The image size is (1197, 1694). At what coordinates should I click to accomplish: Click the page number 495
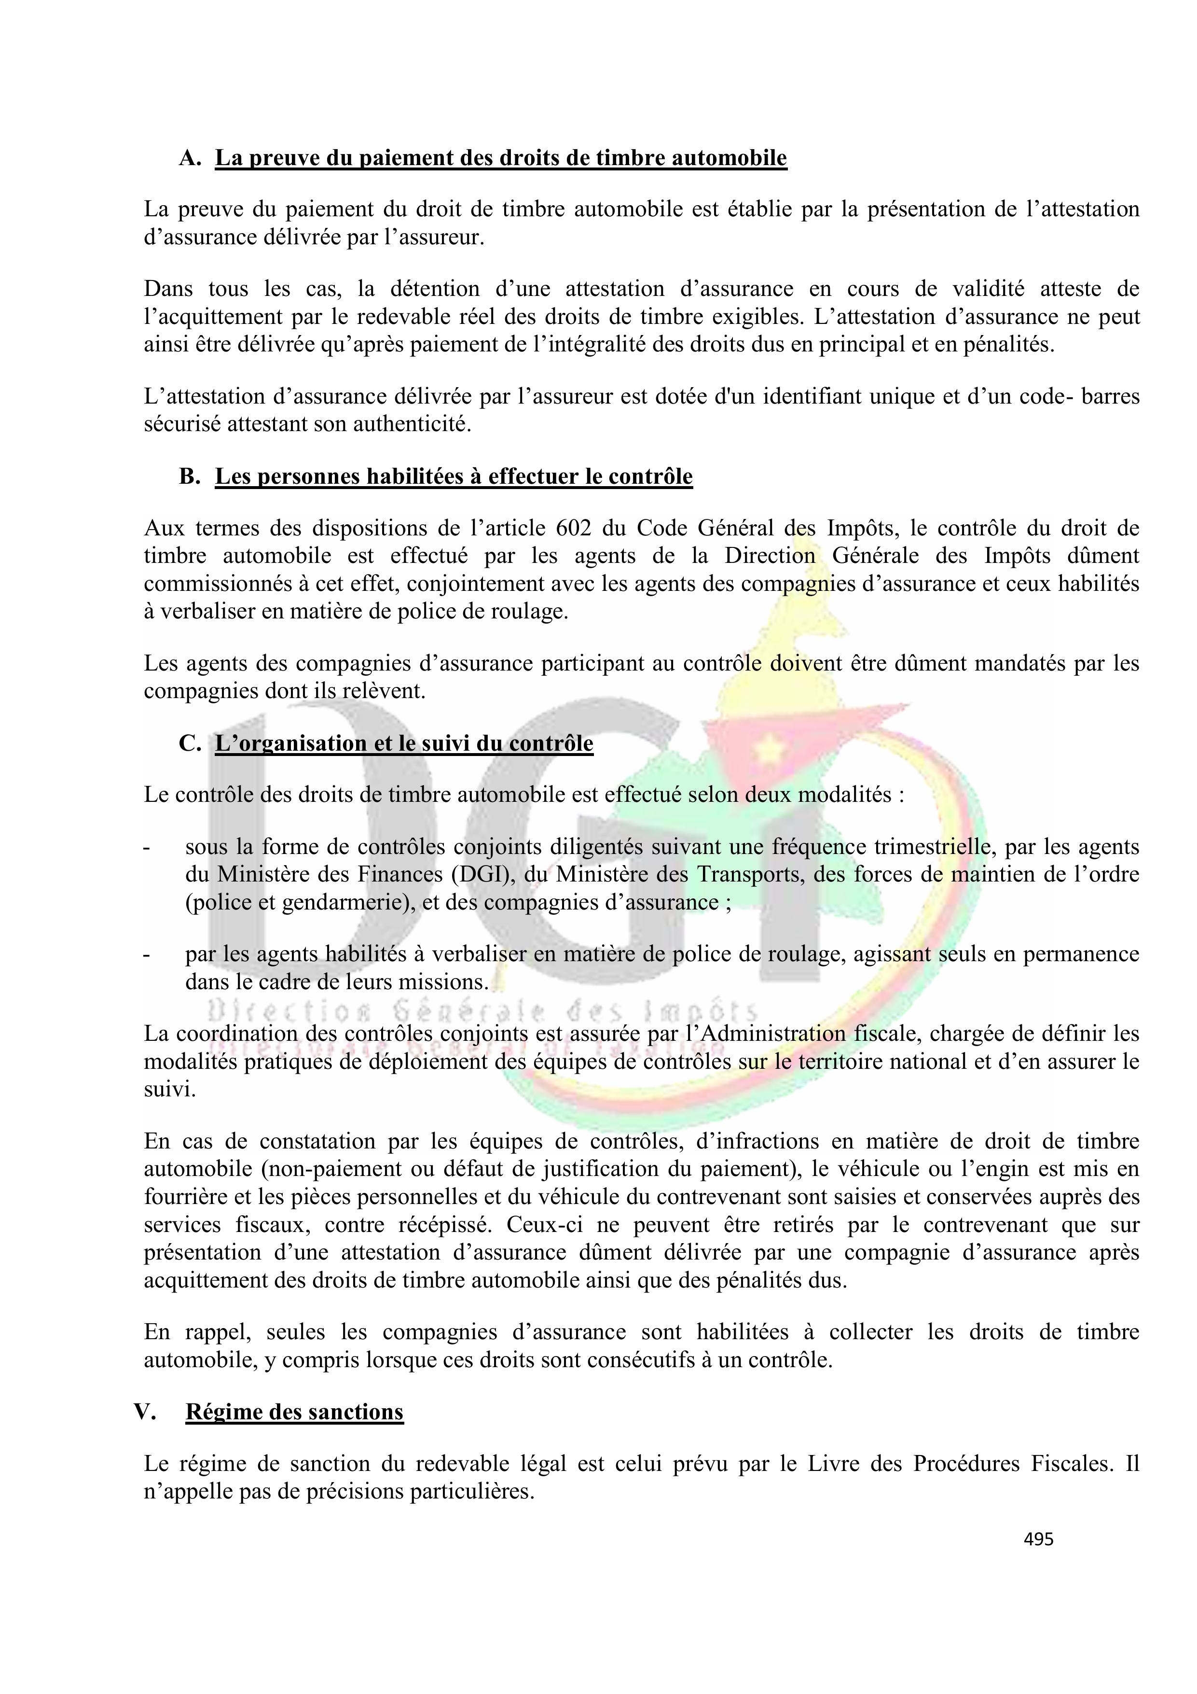point(1038,1539)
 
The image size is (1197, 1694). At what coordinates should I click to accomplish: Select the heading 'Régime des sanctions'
point(294,1412)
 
